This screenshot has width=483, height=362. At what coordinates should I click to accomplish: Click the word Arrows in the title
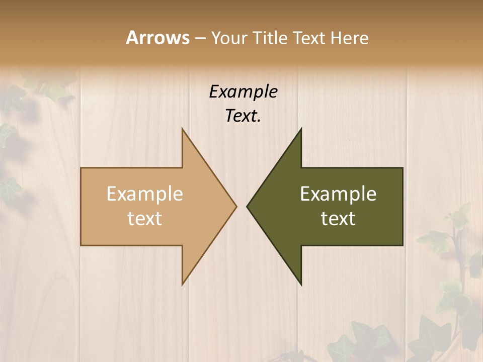(157, 38)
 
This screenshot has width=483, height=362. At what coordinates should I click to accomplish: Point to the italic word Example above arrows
(243, 92)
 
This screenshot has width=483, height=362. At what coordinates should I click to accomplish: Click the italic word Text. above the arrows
(243, 116)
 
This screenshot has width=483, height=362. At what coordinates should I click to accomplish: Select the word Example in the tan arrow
(145, 194)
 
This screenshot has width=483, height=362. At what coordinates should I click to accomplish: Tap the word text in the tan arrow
(145, 218)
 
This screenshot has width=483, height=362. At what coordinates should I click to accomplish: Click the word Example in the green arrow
(338, 194)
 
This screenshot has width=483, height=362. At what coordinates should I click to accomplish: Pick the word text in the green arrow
(338, 218)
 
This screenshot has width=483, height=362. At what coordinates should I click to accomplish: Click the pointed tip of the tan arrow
(235, 206)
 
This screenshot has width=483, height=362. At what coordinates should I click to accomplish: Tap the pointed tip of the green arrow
(248, 206)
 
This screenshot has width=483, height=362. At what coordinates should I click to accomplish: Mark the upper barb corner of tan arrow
(183, 129)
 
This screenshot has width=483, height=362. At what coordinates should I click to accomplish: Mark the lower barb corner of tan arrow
(183, 284)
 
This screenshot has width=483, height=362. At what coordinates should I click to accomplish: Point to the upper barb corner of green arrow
(301, 129)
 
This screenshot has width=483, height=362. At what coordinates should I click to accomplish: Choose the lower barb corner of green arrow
(301, 284)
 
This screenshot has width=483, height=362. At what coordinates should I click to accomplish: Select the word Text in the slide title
(311, 38)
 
